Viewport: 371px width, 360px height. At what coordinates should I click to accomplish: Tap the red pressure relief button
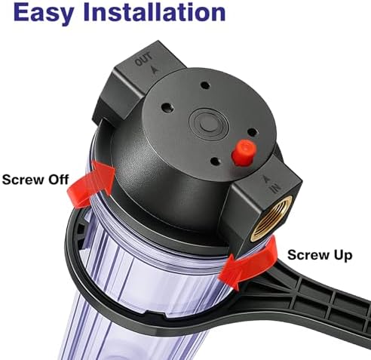pyautogui.click(x=243, y=152)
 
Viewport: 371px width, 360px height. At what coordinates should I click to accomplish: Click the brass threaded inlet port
pyautogui.click(x=271, y=218)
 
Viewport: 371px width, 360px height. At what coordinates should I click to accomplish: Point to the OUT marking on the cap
pyautogui.click(x=143, y=60)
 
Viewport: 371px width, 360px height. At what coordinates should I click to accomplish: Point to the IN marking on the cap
pyautogui.click(x=276, y=188)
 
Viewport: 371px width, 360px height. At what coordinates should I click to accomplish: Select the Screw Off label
pyautogui.click(x=35, y=180)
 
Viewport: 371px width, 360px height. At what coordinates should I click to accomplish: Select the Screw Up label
pyautogui.click(x=320, y=255)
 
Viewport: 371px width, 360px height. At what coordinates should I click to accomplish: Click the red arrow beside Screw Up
pyautogui.click(x=247, y=265)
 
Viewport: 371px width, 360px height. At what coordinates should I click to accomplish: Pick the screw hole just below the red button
pyautogui.click(x=216, y=162)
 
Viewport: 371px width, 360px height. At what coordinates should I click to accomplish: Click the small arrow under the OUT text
pyautogui.click(x=155, y=69)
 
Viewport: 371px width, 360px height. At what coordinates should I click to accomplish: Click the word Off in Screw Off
pyautogui.click(x=58, y=180)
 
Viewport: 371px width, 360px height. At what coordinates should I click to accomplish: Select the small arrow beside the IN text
pyautogui.click(x=266, y=179)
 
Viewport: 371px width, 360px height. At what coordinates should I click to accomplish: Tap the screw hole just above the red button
pyautogui.click(x=252, y=132)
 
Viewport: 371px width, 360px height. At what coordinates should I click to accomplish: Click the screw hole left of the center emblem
pyautogui.click(x=168, y=108)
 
